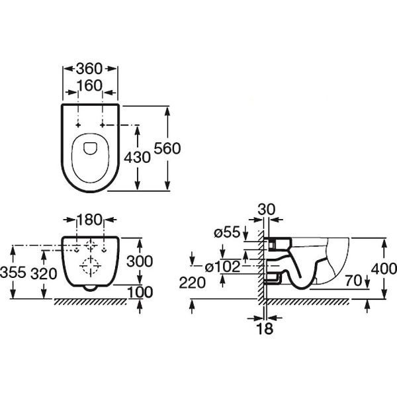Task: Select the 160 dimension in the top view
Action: pos(90,85)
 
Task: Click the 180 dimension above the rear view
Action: pos(91,220)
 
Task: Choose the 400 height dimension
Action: pos(384,269)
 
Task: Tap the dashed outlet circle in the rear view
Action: pos(90,267)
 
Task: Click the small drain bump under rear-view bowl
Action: pos(91,288)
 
